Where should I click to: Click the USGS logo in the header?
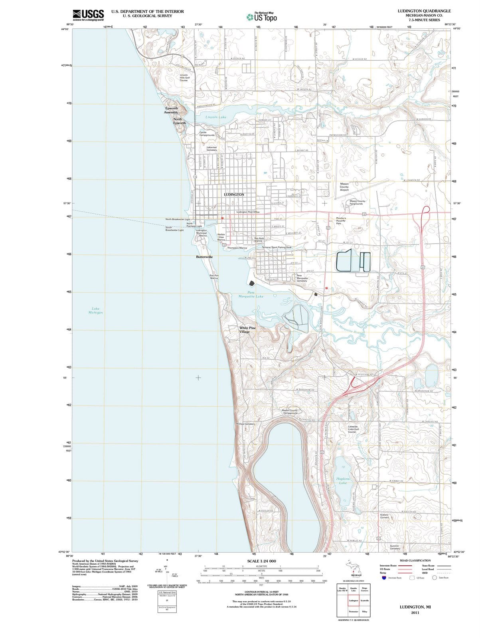[x=88, y=15]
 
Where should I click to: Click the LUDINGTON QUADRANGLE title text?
[x=424, y=11]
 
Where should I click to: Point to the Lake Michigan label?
[x=96, y=310]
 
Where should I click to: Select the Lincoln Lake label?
[x=216, y=117]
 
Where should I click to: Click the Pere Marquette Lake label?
[x=251, y=294]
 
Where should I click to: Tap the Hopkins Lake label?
[x=343, y=480]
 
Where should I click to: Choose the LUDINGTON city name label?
[x=234, y=195]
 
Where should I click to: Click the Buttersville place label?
[x=204, y=257]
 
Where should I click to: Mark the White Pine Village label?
[x=247, y=330]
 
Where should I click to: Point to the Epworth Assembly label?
[x=172, y=110]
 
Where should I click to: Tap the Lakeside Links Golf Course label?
[x=353, y=429]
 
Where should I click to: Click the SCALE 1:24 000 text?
[x=261, y=561]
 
